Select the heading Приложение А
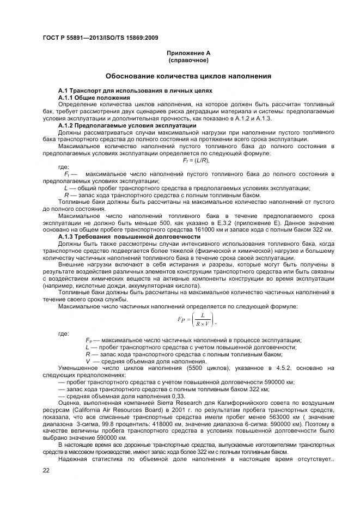[188, 53]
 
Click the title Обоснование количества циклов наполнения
[188, 76]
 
